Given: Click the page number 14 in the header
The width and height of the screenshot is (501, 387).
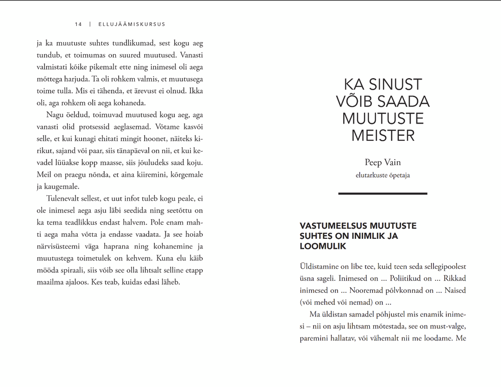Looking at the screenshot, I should click(x=78, y=24).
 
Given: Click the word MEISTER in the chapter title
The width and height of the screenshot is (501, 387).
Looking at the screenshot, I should click(x=383, y=136).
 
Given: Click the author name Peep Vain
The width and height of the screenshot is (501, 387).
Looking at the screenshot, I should click(x=383, y=163).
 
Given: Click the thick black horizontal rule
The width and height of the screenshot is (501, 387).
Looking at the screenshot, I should click(x=383, y=193).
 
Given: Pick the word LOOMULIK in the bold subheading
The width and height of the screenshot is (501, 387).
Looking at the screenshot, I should click(x=323, y=247).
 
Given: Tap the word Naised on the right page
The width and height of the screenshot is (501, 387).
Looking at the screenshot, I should click(x=454, y=290).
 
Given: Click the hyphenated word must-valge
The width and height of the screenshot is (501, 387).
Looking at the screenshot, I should click(x=446, y=326).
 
